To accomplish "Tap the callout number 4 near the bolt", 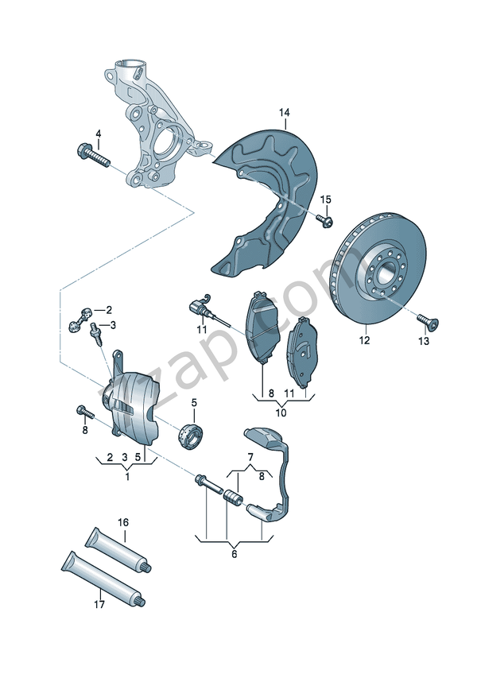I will (x=98, y=133).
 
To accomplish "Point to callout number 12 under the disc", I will (x=364, y=341).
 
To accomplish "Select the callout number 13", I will (x=423, y=341).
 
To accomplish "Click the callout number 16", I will (x=123, y=522).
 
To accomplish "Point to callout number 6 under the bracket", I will (x=234, y=554).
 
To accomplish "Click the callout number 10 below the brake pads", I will (x=281, y=413).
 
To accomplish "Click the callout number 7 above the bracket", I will (x=250, y=456).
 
